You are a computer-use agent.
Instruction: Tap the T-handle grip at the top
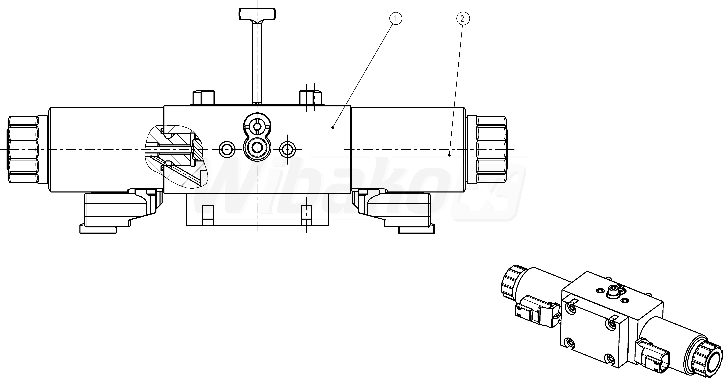pyautogui.click(x=257, y=14)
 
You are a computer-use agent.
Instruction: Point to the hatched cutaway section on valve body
pyautogui.click(x=175, y=156)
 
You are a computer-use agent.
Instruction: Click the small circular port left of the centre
pyautogui.click(x=227, y=150)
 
